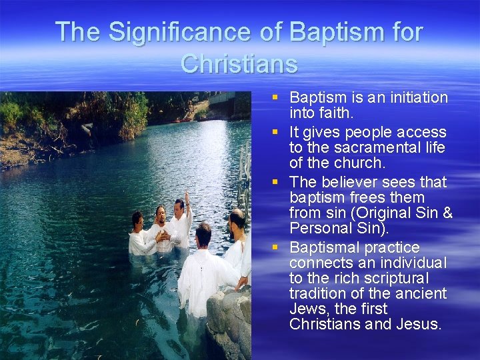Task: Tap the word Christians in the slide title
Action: click(x=239, y=63)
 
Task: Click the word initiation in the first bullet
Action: click(x=415, y=98)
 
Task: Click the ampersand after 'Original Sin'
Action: click(x=447, y=213)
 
